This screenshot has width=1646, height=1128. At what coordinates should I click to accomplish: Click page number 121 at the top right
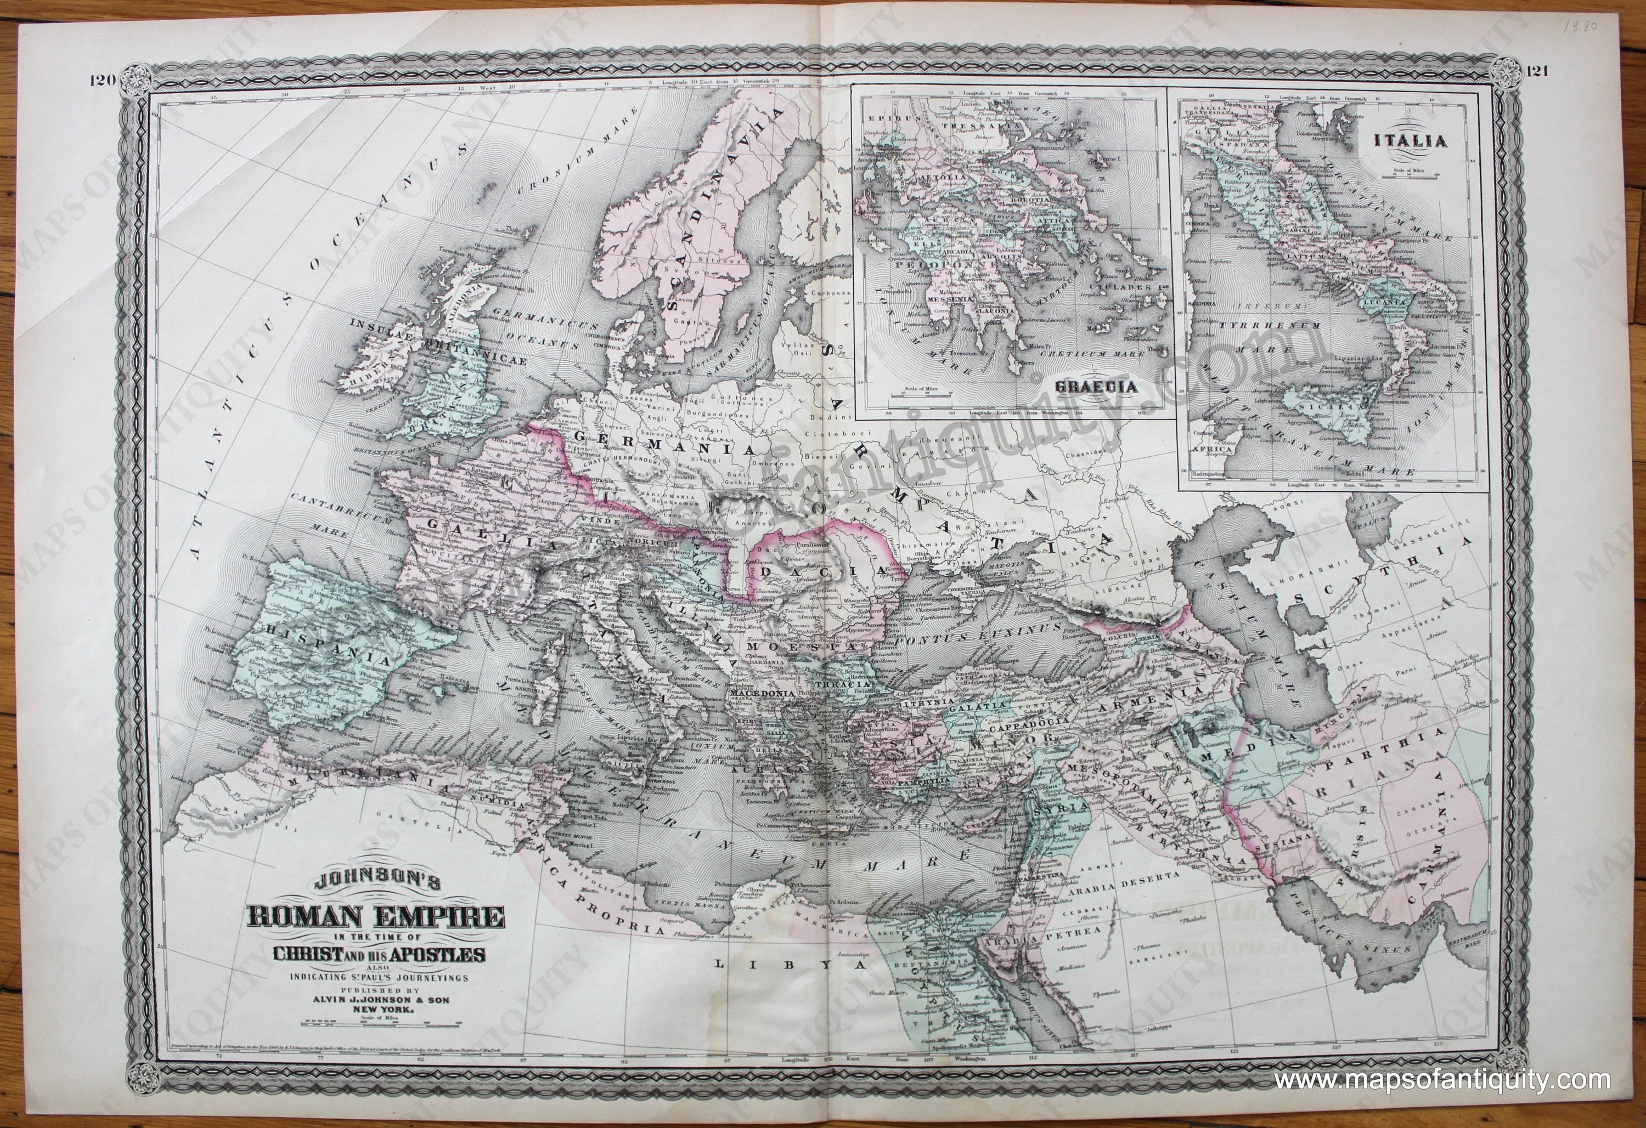tap(1534, 71)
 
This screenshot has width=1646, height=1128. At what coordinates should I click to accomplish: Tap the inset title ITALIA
tap(1420, 141)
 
